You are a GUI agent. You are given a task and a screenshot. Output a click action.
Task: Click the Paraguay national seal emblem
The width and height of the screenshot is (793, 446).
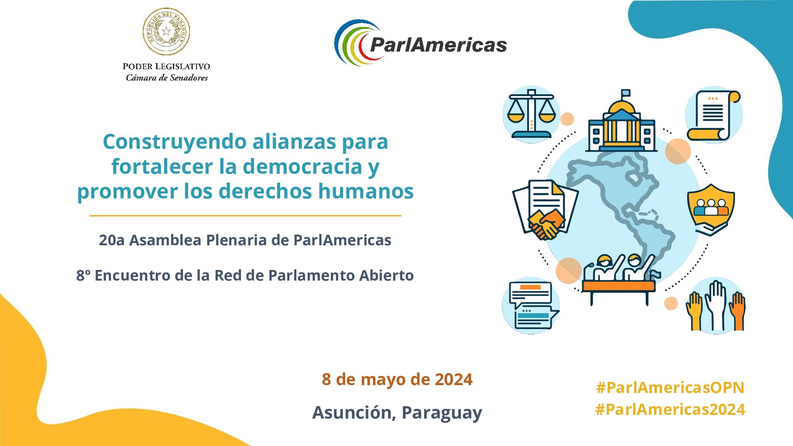coord(166,32)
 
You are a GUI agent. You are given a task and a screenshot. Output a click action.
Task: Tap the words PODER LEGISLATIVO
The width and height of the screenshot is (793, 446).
coord(166,66)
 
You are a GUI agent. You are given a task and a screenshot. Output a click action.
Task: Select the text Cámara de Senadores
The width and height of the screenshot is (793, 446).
coord(167,78)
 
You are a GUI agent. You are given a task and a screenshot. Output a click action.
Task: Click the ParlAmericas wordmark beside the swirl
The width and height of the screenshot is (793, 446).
coord(438,45)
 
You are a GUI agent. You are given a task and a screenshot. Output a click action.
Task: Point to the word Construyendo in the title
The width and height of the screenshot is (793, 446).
coord(175,142)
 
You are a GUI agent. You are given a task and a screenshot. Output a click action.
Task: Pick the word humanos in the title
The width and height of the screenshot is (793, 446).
coord(366,191)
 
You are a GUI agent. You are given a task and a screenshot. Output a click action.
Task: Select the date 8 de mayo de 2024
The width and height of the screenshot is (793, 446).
coord(397,379)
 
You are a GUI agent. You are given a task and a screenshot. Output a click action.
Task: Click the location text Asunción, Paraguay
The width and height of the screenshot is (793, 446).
coord(397,413)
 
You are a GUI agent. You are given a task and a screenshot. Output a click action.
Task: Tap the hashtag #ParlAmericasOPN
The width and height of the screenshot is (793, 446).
coord(670,387)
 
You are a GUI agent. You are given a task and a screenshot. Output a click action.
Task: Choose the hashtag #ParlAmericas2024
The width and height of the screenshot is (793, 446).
coord(670,409)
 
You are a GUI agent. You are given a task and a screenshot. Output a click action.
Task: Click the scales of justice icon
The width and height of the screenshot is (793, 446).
coord(531,114)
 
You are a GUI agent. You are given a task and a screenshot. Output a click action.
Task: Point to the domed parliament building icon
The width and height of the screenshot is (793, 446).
coord(622,121)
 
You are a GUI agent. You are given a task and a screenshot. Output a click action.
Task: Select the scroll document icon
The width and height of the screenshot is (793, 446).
coord(714,115)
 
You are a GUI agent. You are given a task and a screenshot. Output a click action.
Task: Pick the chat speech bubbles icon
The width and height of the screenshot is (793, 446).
coord(531,306)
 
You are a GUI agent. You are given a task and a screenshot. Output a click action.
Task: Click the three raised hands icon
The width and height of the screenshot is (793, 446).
coord(716,306)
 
